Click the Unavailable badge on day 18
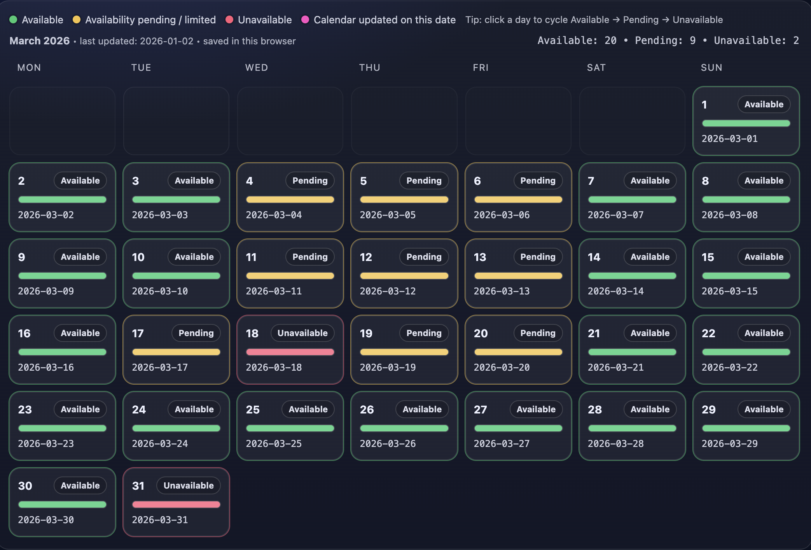pos(302,333)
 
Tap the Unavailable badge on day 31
pos(189,485)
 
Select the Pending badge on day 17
pos(196,333)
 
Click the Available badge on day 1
pos(764,104)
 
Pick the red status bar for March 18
pos(290,352)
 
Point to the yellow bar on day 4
pos(290,200)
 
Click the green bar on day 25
pos(290,428)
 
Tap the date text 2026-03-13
pos(502,291)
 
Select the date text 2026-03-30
pos(46,520)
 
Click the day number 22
pos(708,333)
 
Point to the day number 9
pos(21,257)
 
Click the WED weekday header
pos(257,68)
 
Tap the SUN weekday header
pos(711,68)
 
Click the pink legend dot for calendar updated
pos(305,19)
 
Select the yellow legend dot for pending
pos(77,19)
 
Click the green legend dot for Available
pos(13,19)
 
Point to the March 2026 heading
pos(40,41)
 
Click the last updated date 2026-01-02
pos(166,41)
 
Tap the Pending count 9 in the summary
pos(693,40)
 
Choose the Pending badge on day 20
pos(538,333)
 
